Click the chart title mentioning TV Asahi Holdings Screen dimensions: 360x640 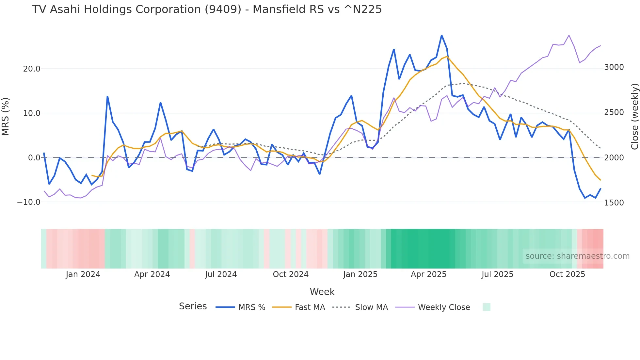(207, 9)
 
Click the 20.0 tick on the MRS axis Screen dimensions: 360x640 (32, 69)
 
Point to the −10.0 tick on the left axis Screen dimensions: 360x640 (29, 202)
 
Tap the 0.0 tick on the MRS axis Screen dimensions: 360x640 (34, 158)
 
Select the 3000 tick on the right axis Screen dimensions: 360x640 (614, 67)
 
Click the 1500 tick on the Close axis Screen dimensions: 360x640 (614, 203)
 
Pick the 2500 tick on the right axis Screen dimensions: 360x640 (614, 112)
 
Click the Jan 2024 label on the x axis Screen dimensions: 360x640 (83, 274)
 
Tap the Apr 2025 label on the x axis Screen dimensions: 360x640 (428, 274)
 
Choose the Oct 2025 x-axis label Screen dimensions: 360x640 (567, 274)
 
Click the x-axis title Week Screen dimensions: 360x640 (322, 292)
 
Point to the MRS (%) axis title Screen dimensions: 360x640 (6, 116)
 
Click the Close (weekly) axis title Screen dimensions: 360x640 (634, 116)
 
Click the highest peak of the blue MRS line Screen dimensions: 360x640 (441, 35)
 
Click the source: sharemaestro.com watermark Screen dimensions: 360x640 (577, 256)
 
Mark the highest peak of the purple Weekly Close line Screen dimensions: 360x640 (569, 35)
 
